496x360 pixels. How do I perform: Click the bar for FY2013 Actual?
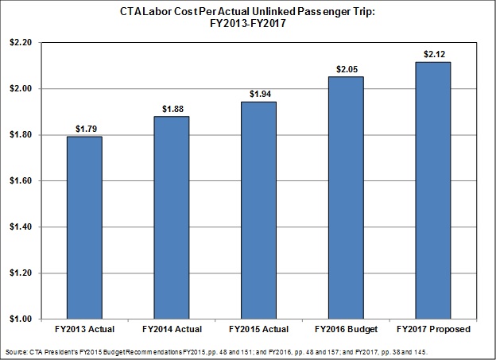(84, 227)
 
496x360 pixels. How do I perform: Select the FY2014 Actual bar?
(172, 217)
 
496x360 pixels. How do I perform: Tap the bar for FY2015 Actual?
(259, 210)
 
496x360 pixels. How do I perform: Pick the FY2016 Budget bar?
(346, 198)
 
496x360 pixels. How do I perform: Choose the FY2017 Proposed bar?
(433, 191)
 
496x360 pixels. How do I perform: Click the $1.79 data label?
(86, 129)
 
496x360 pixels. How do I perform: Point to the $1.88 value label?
(172, 109)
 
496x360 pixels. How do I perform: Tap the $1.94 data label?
(261, 94)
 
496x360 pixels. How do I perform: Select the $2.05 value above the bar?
(347, 69)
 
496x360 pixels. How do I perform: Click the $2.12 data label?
(434, 54)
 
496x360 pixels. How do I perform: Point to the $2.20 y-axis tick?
(21, 42)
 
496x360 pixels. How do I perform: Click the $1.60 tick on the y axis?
(21, 180)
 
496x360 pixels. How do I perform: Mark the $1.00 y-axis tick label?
(21, 319)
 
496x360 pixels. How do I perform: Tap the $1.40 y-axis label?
(21, 226)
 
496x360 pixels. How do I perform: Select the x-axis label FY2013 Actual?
(84, 329)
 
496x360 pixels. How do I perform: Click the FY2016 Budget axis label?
(346, 329)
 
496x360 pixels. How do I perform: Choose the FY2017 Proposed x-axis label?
(434, 329)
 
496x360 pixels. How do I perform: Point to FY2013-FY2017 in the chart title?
(248, 23)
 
